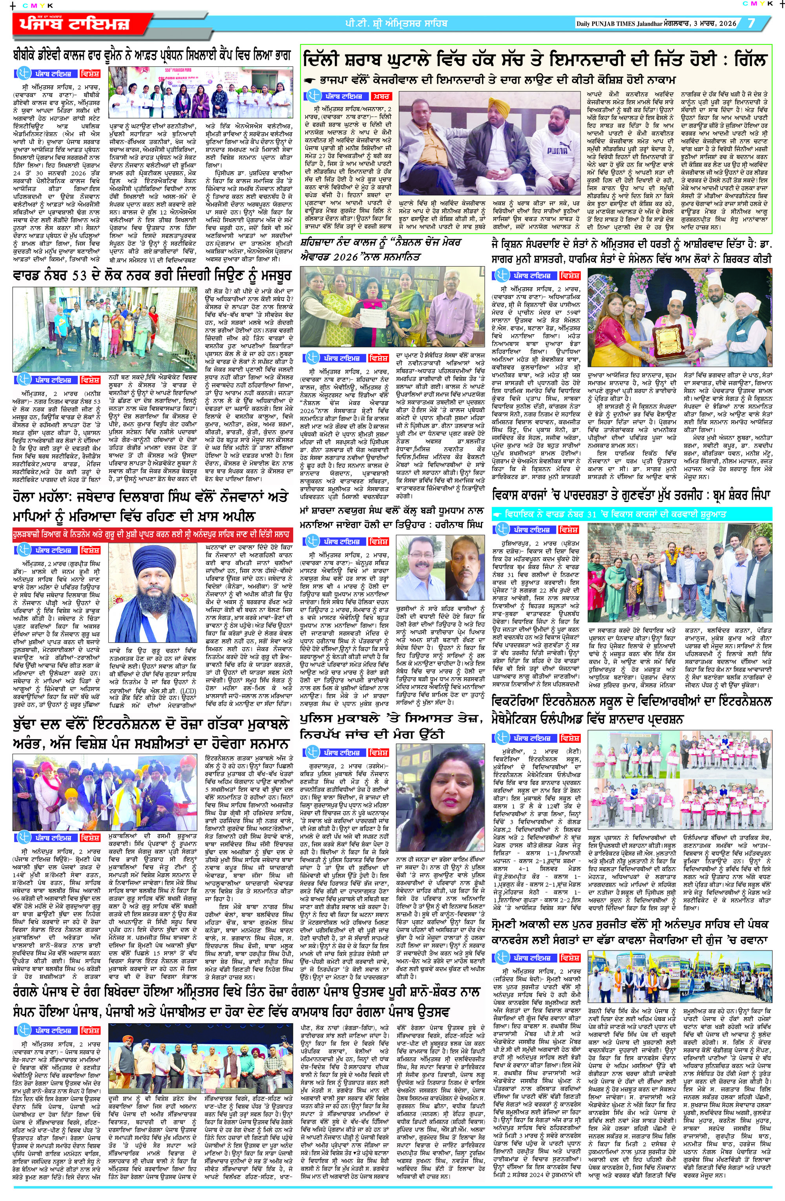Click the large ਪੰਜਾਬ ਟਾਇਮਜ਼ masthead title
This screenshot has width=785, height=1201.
(x=75, y=24)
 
